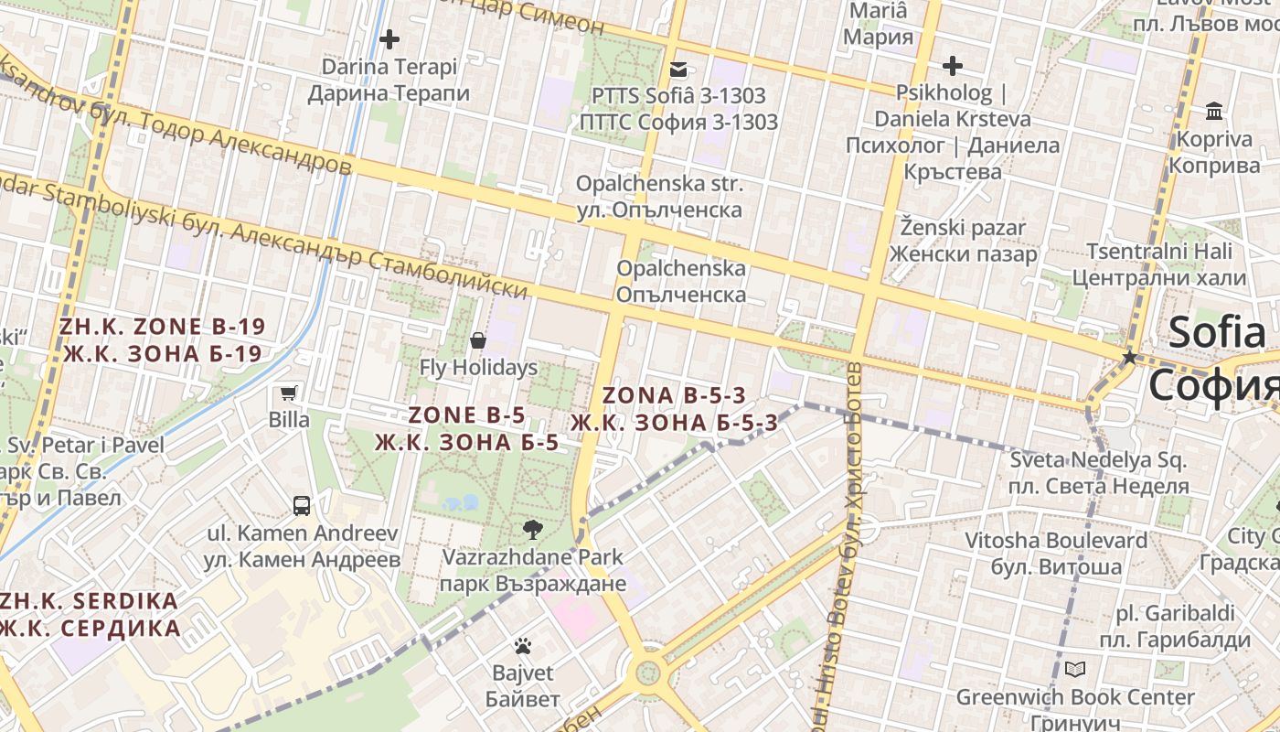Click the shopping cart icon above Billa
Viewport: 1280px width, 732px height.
pos(289,393)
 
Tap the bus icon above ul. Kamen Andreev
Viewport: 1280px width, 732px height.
pos(301,505)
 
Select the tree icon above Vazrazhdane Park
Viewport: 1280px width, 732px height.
pos(532,529)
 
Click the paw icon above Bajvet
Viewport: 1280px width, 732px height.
pos(522,647)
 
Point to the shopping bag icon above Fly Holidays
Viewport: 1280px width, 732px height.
pos(477,341)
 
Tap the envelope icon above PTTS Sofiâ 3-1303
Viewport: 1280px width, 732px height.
pos(677,69)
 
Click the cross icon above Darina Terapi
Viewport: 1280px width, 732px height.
pos(389,39)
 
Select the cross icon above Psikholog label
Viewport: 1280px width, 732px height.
pos(953,66)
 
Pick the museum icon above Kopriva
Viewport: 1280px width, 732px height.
pos(1214,112)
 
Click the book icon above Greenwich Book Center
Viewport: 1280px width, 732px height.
pos(1075,670)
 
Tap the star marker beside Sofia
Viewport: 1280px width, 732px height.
pos(1130,357)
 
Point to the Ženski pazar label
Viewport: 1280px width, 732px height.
pos(963,241)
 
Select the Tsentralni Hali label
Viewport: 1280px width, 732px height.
pos(1158,264)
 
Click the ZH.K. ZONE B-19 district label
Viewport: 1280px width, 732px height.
pos(163,340)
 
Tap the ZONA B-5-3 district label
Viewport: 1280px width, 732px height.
pos(675,409)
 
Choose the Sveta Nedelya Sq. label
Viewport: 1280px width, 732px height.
pos(1098,473)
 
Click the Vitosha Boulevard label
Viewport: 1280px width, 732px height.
pos(1056,554)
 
